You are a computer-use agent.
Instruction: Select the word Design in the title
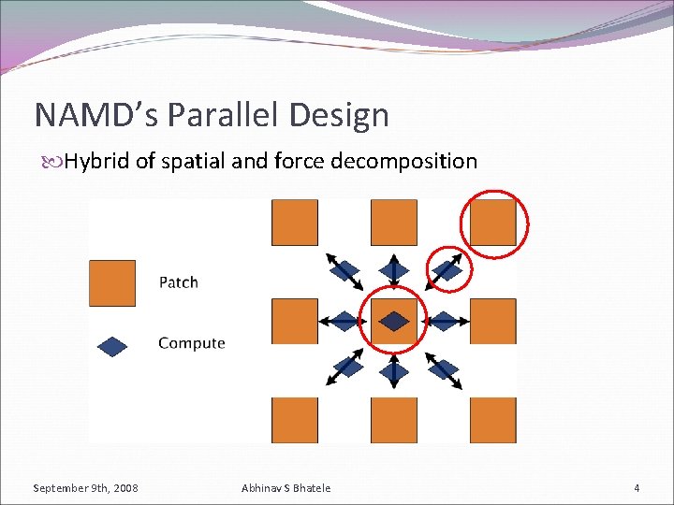click(x=340, y=115)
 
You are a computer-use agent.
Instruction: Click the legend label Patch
click(x=178, y=281)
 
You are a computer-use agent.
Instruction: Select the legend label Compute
click(x=191, y=343)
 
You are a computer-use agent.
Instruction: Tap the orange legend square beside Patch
click(x=112, y=282)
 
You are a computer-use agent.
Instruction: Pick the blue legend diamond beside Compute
click(x=112, y=346)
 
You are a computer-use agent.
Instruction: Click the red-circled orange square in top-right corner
click(x=493, y=223)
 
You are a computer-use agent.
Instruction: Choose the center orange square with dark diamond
click(x=394, y=321)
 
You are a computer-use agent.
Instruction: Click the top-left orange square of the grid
click(x=295, y=223)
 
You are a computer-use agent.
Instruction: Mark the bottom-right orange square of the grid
click(x=493, y=420)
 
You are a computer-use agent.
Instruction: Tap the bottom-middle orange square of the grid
click(x=394, y=420)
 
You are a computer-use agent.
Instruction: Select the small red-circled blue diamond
click(x=449, y=270)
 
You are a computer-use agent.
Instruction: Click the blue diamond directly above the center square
click(x=394, y=271)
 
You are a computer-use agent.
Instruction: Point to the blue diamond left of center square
click(x=344, y=321)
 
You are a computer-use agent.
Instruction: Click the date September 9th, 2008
click(x=85, y=488)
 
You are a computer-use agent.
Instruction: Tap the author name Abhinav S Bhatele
click(x=286, y=488)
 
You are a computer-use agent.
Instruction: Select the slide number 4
click(x=637, y=488)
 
